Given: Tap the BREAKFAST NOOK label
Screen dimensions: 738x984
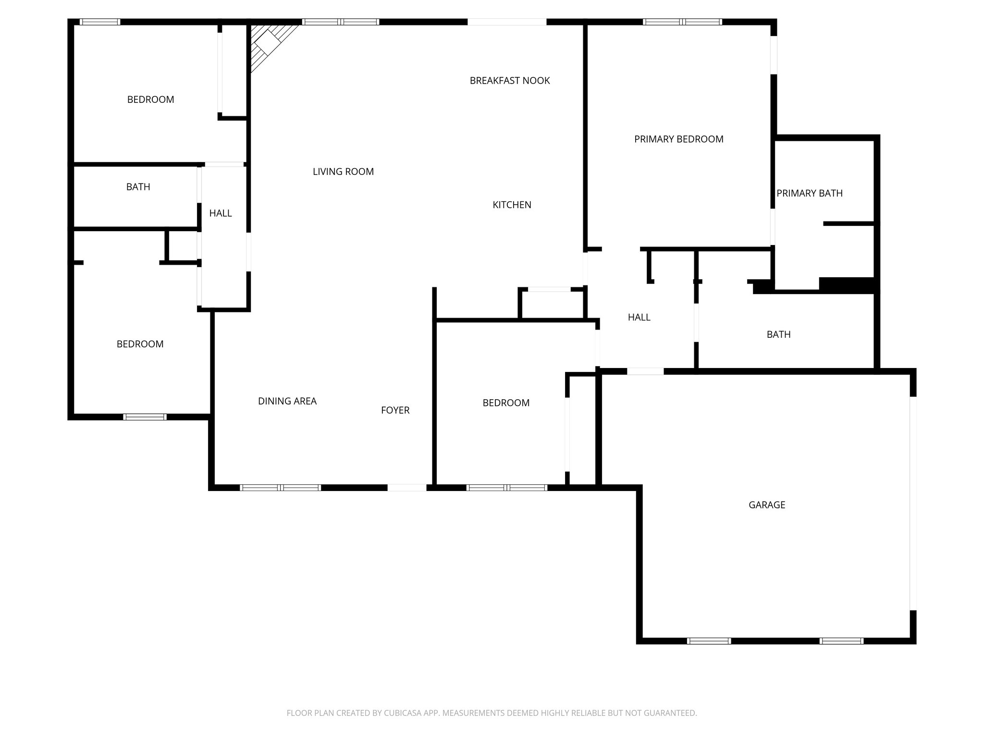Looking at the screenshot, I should (x=509, y=81).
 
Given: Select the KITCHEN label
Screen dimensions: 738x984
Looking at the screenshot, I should (x=512, y=205).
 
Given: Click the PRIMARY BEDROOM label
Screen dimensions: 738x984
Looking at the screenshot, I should (x=678, y=139).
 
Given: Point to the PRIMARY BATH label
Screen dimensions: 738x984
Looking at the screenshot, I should (x=809, y=194).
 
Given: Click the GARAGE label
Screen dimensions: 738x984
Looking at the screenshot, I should (x=766, y=505).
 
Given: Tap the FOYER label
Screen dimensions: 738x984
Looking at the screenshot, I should (x=395, y=410).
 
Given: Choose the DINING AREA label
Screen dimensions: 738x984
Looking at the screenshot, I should (x=287, y=401).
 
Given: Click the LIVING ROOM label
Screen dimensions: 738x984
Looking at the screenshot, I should (x=343, y=172).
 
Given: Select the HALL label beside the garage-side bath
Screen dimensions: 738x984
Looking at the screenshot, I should (x=639, y=317).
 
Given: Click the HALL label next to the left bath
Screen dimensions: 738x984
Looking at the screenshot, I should (x=221, y=213).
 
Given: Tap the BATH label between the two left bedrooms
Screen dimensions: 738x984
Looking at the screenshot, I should (x=138, y=187).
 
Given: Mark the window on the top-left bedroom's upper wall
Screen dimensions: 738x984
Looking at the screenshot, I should (x=99, y=22).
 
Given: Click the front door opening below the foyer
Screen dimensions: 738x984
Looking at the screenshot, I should (x=406, y=488).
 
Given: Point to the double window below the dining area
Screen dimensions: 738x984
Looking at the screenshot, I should (x=280, y=488).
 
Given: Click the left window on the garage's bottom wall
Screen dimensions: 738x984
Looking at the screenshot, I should (x=709, y=641).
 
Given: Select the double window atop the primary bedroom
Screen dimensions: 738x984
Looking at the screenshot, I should (x=682, y=22).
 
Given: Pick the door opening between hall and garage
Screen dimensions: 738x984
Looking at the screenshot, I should (x=645, y=371).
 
